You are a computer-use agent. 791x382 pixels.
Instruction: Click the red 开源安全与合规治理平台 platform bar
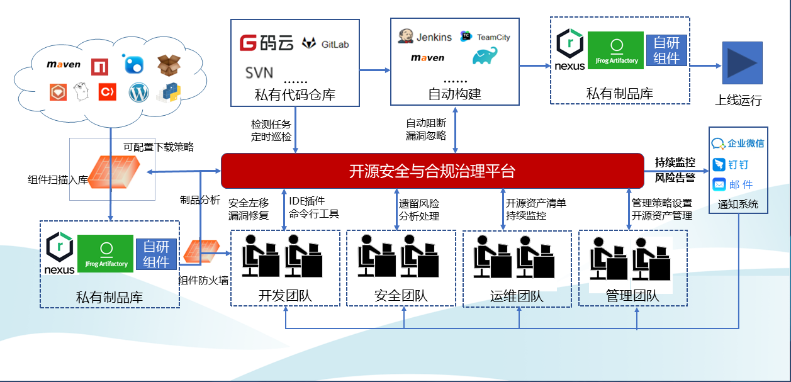coord(432,171)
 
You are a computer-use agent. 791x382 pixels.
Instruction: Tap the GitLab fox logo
coord(309,43)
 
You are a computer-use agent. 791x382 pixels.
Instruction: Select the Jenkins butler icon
coord(405,36)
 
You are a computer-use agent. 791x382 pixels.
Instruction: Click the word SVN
coord(259,73)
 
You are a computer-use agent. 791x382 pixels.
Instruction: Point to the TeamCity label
coord(493,37)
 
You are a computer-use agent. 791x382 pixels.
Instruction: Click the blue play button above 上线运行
coord(743,63)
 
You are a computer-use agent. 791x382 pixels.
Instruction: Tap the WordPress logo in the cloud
coord(138,93)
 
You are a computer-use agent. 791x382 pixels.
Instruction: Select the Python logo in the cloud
coord(170,93)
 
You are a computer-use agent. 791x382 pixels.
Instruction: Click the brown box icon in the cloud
coord(169,65)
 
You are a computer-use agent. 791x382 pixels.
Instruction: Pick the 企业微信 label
coord(746,143)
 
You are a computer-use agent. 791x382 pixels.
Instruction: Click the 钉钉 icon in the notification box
coord(719,164)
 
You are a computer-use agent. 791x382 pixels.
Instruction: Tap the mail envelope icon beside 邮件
coord(719,184)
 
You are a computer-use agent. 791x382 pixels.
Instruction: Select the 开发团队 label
coord(285,296)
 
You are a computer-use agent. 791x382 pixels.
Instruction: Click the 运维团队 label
coord(517,296)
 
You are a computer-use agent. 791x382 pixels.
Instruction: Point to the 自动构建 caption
coord(455,94)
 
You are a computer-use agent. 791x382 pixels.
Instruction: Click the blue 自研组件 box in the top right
coord(666,50)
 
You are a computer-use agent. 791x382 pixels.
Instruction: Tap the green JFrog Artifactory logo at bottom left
coord(105,254)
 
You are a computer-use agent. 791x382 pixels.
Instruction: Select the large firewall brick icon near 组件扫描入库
coord(115,172)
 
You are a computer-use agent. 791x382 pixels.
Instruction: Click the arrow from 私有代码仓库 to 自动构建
coord(375,70)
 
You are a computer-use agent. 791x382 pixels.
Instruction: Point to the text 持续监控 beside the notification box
coord(675,162)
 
